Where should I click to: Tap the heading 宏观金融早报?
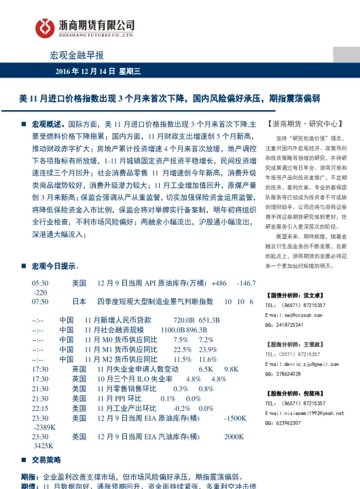tap(77, 55)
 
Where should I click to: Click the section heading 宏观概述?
tap(47, 125)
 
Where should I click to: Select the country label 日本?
tap(79, 301)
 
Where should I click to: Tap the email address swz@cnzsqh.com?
tap(296, 315)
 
